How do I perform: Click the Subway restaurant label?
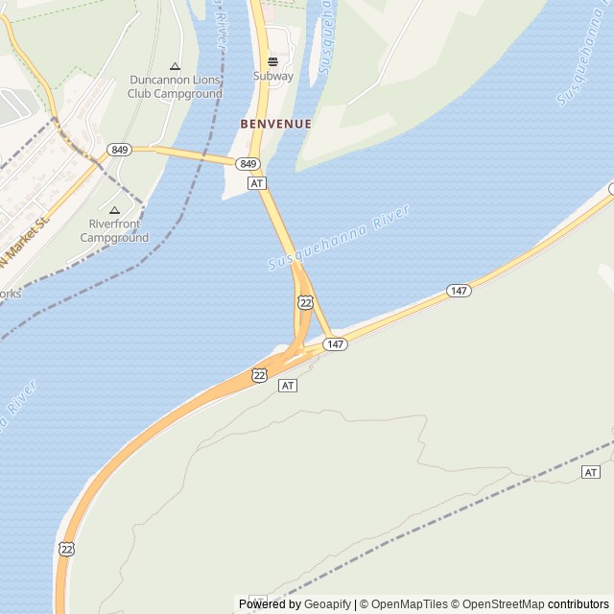[273, 76]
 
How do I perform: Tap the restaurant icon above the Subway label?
[273, 61]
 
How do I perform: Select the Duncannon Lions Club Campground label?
[175, 87]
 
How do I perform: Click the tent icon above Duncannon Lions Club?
[175, 66]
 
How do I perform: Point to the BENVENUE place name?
[276, 124]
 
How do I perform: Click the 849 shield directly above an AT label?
[248, 164]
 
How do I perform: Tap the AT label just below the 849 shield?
[256, 182]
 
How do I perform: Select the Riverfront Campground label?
[114, 231]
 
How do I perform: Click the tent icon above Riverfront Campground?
[114, 210]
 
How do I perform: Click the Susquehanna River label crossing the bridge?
[339, 236]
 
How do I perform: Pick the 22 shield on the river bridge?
[305, 302]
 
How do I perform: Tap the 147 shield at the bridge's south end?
[334, 344]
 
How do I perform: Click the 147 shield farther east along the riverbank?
[459, 290]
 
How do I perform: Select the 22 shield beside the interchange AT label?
[260, 375]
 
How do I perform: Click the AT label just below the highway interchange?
[288, 385]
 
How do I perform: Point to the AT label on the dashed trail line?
[591, 472]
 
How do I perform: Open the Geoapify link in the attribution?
[328, 604]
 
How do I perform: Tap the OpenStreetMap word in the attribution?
[503, 604]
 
